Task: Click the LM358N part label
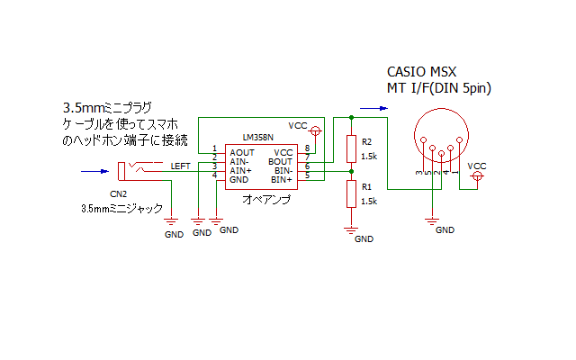pos(258,138)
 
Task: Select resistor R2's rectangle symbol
pos(352,148)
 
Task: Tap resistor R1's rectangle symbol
pos(352,194)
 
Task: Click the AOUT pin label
pos(242,152)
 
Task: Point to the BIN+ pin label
pos(282,180)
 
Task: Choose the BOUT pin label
pos(280,162)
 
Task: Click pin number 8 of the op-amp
pos(308,148)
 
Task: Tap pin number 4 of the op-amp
pos(214,175)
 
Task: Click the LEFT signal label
pos(180,166)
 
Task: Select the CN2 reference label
pos(118,194)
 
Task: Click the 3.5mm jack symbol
pos(140,171)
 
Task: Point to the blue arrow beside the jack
pos(94,171)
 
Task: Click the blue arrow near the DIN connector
pos(373,108)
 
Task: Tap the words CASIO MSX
pos(422,72)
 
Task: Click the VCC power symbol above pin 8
pos(316,130)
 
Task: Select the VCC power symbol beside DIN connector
pos(477,176)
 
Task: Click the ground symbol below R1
pos(351,230)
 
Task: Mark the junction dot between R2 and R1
pos(352,172)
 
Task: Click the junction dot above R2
pos(352,118)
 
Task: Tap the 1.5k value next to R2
pos(369,157)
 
